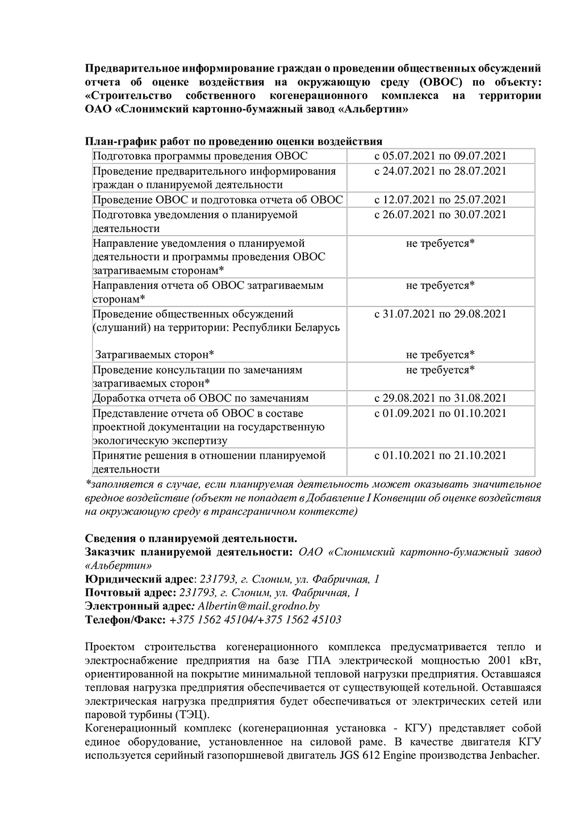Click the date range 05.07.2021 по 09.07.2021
440,156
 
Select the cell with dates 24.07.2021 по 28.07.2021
440,171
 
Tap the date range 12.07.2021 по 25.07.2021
440,199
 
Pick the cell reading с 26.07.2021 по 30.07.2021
440,214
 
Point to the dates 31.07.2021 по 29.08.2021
440,313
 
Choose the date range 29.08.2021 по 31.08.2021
440,398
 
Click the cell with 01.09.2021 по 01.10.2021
440,413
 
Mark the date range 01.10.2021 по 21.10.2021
440,455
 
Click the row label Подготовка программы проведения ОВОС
200,156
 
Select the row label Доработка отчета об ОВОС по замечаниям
200,398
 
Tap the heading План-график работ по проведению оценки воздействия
233,141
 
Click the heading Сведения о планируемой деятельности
191,538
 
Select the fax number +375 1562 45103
299,619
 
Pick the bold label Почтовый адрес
130,593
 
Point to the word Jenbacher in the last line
509,755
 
